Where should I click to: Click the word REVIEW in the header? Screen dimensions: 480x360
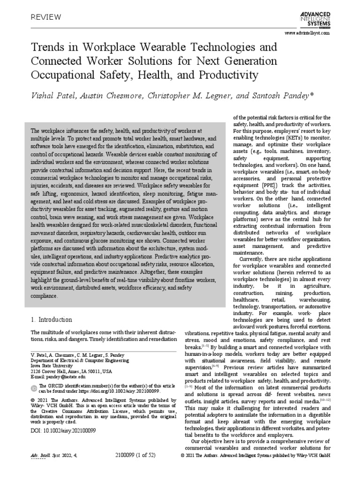tap(46, 17)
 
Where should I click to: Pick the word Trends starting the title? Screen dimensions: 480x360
tap(45, 47)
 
